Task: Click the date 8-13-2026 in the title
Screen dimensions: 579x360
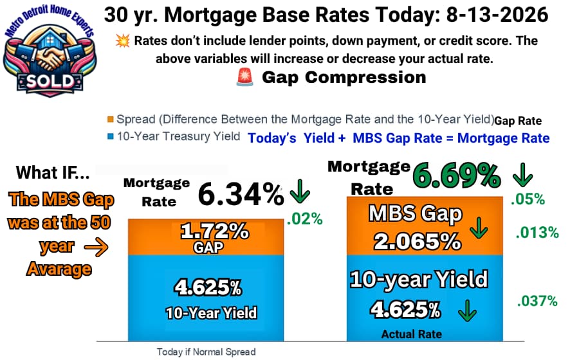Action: [497, 15]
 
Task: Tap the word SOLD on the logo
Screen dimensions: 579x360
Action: [50, 81]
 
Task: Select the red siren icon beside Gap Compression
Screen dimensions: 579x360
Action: [244, 77]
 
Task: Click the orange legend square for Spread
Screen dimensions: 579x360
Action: [110, 120]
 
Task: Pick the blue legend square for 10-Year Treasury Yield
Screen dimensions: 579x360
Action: [110, 136]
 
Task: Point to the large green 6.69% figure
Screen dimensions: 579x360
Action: [456, 175]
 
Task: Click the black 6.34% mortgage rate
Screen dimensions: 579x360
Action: [241, 194]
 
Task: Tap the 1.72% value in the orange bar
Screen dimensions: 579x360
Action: [214, 231]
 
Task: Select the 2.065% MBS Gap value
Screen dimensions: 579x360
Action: [418, 242]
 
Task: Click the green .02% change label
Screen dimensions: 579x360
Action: [305, 219]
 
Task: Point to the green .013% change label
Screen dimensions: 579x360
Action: [537, 233]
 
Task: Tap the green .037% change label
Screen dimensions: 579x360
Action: [537, 301]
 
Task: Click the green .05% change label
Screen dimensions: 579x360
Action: [528, 199]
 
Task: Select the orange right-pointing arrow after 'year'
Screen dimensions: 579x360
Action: [96, 247]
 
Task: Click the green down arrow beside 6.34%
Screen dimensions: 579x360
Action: [300, 191]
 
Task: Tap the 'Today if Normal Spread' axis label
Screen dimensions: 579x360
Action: [206, 352]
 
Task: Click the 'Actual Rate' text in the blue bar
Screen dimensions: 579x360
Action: [411, 334]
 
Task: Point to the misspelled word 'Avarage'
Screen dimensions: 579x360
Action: [59, 269]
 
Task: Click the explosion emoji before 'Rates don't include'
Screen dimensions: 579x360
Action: [122, 40]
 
